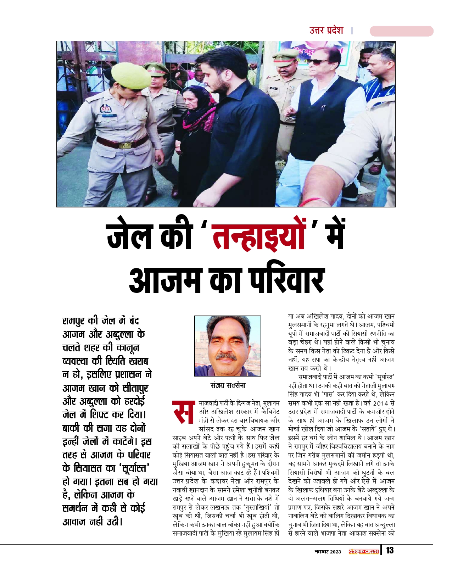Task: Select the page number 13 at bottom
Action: point(390,550)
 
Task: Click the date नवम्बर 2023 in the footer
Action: point(328,552)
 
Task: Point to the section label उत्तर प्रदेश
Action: point(326,30)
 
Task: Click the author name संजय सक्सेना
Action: point(228,385)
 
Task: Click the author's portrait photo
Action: point(228,346)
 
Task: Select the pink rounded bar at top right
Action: point(401,31)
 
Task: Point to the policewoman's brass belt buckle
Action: point(125,145)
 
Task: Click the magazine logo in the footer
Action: point(363,551)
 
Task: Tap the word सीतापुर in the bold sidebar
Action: point(135,388)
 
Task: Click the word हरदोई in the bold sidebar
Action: point(134,401)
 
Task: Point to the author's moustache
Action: point(226,355)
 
